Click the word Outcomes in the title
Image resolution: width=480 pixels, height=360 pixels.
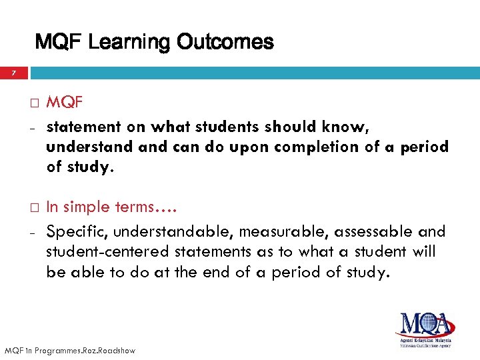point(225,43)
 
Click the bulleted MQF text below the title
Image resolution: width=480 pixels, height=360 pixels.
point(65,103)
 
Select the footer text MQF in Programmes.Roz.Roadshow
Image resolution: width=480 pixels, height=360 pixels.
point(69,350)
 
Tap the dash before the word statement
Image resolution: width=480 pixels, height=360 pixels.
point(33,127)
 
